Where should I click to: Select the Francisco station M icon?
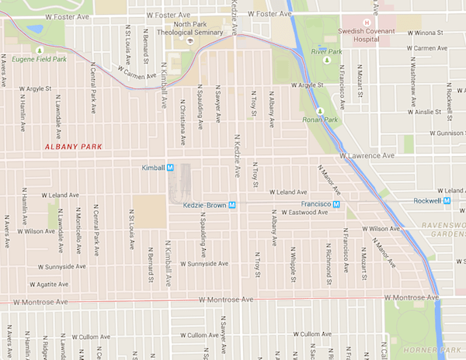pyautogui.click(x=337, y=203)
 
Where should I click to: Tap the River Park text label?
pyautogui.click(x=321, y=50)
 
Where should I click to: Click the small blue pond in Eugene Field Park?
pyautogui.click(x=35, y=31)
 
